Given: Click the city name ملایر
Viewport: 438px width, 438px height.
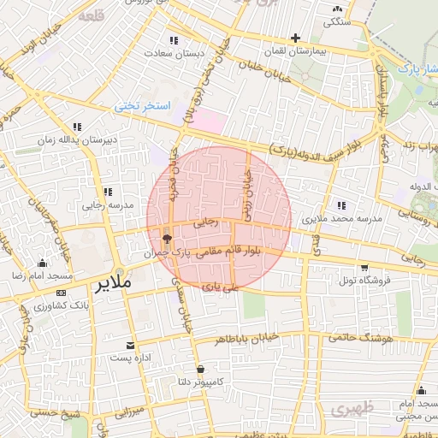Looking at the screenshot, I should (113, 281).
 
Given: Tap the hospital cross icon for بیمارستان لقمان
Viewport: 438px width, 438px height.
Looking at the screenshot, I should (295, 38).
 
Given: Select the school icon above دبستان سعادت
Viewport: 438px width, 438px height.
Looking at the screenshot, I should (175, 40).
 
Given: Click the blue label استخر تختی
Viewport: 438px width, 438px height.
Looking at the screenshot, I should (144, 106).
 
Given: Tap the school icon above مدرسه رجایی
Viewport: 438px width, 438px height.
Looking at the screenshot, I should (107, 192).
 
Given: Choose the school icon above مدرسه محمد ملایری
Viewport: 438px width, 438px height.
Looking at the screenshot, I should (342, 204).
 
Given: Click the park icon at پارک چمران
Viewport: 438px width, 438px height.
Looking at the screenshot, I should (166, 240).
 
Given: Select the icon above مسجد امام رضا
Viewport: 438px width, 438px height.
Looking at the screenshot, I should (42, 263).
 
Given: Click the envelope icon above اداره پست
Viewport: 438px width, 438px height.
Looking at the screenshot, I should (130, 346).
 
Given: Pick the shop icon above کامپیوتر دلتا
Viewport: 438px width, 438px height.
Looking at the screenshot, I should (200, 370).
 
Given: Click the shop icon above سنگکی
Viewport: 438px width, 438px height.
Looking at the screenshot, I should (336, 10).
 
